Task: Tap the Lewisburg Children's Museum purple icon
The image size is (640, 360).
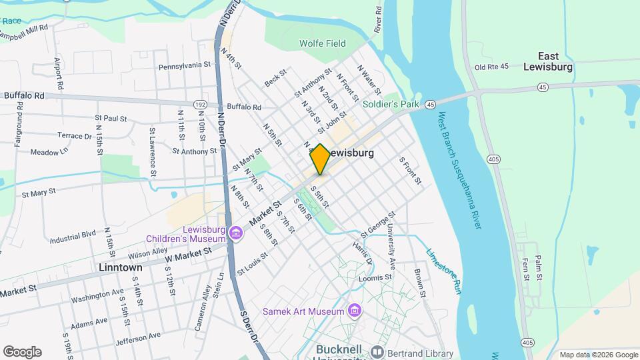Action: click(x=234, y=233)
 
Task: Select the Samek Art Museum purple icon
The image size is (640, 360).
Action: click(x=355, y=311)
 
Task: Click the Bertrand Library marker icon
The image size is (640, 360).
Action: click(x=377, y=353)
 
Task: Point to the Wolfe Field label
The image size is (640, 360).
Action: click(x=323, y=44)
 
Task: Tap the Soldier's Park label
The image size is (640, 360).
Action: click(x=390, y=105)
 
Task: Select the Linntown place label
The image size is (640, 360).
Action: click(x=120, y=267)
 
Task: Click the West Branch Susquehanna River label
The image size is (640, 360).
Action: click(x=459, y=171)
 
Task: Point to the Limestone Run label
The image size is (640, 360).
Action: click(x=443, y=271)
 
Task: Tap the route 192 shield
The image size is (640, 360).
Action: click(x=200, y=105)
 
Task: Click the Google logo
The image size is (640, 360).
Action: click(x=22, y=352)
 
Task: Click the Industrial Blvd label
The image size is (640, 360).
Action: click(x=73, y=237)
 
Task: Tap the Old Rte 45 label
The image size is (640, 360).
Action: click(x=491, y=67)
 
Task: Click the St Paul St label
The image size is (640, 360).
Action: click(x=111, y=119)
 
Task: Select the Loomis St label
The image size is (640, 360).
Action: click(x=377, y=277)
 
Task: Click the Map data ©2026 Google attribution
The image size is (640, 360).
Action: click(x=598, y=355)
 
